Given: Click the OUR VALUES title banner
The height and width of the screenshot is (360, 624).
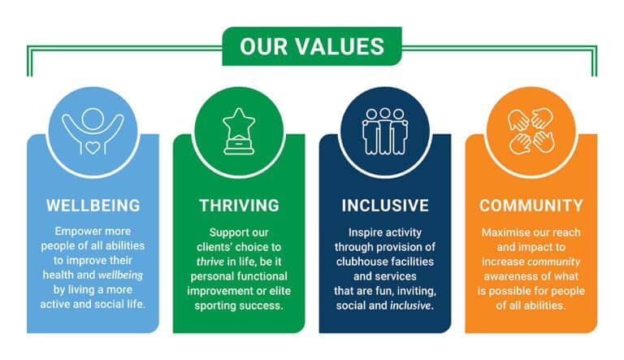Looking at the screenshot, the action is pos(312,46).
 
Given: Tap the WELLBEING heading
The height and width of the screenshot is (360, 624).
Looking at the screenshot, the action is pos(93,206).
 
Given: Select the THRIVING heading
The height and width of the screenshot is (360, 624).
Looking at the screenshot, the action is pos(239,206).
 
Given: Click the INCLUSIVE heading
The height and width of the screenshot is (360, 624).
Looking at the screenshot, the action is pos(385,206).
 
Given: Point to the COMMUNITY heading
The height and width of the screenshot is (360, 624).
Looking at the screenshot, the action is pos(531,206).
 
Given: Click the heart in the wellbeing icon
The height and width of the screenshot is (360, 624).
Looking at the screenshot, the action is pos(93,148).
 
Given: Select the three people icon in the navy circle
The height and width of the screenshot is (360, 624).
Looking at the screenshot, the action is pos(385,132).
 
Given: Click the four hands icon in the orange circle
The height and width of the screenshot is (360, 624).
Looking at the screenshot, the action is pos(531,132).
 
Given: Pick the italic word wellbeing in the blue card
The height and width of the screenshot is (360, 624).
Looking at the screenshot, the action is pos(120,275).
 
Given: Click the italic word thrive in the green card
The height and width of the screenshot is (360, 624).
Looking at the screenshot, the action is pos(210,262).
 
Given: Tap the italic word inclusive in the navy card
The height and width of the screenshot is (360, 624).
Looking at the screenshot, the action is pos(410,306).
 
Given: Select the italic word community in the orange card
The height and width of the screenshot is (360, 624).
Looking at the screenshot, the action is pos(553,262).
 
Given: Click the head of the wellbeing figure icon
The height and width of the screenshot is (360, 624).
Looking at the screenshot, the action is pos(93,119).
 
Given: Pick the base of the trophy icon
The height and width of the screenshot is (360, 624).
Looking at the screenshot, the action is pos(239,147).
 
